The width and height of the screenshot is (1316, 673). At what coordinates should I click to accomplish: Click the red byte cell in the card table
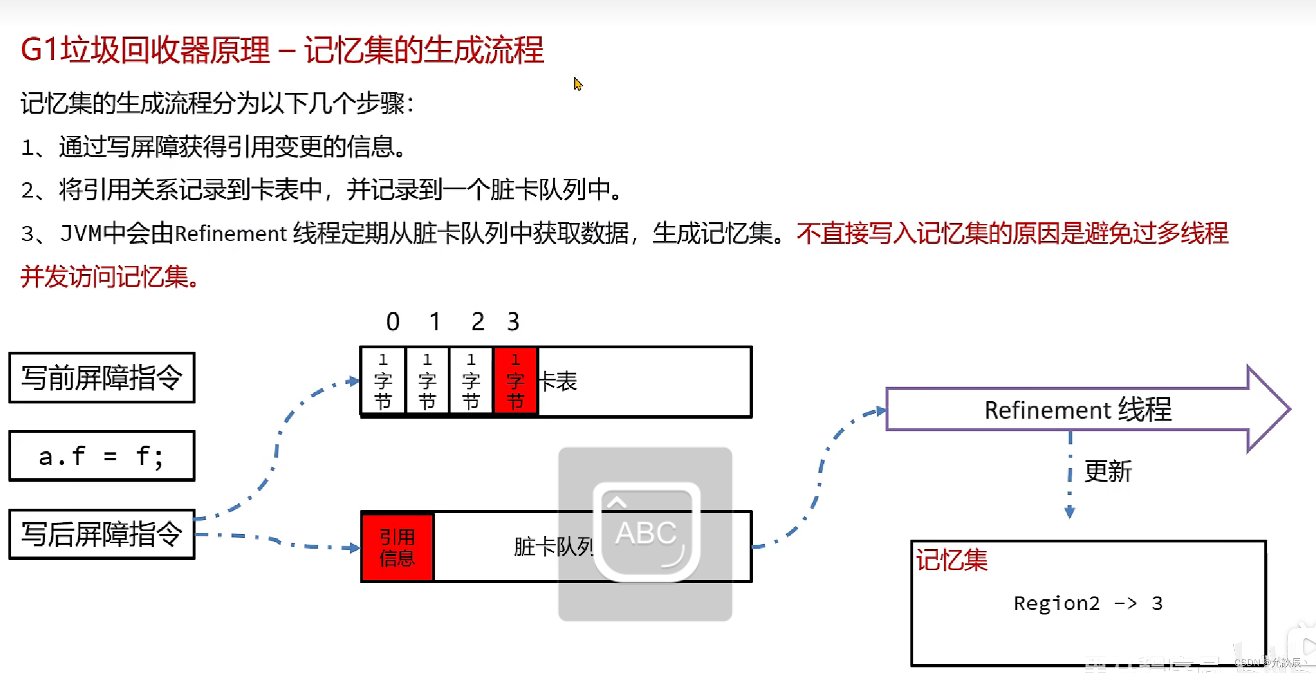click(x=515, y=381)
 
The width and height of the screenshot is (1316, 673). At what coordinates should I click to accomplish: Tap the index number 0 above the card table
click(x=393, y=322)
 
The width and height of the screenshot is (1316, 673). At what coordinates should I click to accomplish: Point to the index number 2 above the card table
click(x=477, y=322)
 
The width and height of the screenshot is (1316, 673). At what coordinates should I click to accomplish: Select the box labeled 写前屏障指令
click(x=102, y=378)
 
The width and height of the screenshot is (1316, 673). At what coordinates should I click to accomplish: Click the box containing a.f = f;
click(x=102, y=456)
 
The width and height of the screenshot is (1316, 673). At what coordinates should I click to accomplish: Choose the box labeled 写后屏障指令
click(x=102, y=534)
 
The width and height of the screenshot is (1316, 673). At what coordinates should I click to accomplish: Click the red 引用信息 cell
click(x=397, y=547)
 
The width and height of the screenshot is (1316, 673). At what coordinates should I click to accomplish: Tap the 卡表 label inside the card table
click(x=557, y=382)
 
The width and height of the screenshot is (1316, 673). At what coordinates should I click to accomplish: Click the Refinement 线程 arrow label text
click(x=1078, y=410)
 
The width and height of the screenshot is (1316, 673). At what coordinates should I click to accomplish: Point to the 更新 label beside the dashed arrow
click(x=1107, y=471)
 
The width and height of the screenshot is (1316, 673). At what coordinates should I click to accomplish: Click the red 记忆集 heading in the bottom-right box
click(x=952, y=560)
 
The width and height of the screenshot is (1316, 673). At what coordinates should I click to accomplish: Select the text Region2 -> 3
click(x=1088, y=603)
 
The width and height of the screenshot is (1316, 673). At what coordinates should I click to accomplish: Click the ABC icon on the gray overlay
click(x=646, y=532)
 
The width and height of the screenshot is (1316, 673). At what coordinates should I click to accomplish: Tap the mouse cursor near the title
click(x=578, y=84)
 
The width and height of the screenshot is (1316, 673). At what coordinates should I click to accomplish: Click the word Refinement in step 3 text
click(x=231, y=234)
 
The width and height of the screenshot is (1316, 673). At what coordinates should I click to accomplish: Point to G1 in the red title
click(x=39, y=50)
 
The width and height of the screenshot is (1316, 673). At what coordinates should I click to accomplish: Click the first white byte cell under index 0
click(x=383, y=381)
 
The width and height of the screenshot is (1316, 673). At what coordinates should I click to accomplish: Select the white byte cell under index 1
click(x=427, y=381)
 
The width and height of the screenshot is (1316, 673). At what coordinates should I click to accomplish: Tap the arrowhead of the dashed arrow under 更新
click(x=1070, y=512)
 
